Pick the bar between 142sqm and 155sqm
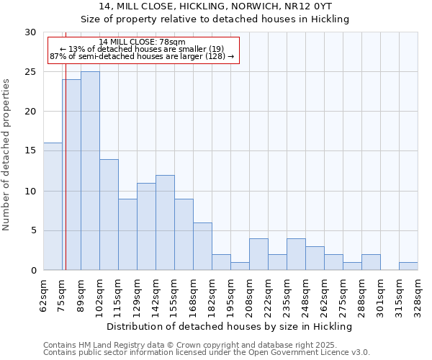click(x=165, y=222)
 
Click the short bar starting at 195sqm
click(x=240, y=266)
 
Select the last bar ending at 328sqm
click(x=408, y=266)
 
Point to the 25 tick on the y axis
click(x=30, y=72)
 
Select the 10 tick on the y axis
click(x=30, y=191)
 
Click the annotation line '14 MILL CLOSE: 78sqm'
click(x=142, y=42)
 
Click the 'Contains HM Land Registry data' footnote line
click(x=180, y=345)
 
